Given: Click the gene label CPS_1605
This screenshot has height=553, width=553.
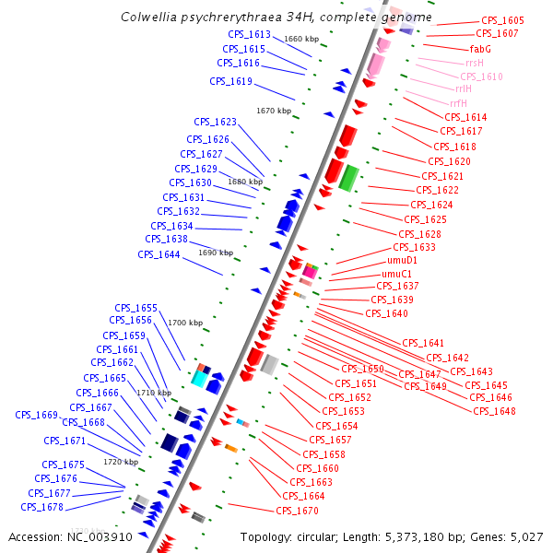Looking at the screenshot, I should click(x=502, y=20).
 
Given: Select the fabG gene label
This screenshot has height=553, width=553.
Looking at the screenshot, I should click(x=480, y=49).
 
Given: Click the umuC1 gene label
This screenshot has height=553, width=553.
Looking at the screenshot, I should click(x=396, y=274).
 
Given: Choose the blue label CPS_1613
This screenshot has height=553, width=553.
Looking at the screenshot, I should click(x=249, y=35).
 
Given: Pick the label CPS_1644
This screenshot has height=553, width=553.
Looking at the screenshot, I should click(x=159, y=255).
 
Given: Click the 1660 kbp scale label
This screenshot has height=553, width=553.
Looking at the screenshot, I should click(x=301, y=40).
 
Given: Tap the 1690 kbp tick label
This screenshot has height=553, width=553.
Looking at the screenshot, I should click(x=216, y=253).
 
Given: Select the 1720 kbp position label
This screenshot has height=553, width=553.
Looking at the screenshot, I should click(x=121, y=462).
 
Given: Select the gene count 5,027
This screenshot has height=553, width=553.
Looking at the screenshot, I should click(x=525, y=536).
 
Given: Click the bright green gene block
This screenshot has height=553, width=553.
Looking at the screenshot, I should click(x=348, y=178).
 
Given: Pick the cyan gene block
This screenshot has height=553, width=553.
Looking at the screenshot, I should click(x=199, y=378).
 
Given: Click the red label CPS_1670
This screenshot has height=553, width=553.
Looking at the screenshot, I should click(x=297, y=511).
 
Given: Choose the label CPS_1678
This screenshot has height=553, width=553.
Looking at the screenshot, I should click(x=42, y=507).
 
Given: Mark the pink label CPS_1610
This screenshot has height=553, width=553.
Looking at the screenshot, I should click(x=481, y=76).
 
